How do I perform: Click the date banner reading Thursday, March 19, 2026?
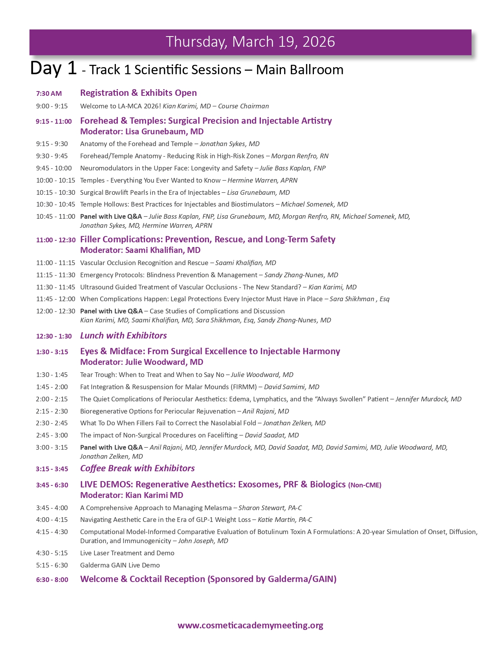(x=250, y=42)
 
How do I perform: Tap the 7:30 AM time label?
(x=49, y=93)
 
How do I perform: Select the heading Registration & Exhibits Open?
(x=138, y=93)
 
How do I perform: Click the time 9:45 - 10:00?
(x=54, y=168)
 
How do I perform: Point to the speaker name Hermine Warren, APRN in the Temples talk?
(x=262, y=180)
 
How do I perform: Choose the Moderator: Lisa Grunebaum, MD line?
(x=142, y=132)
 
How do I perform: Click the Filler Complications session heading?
(x=207, y=239)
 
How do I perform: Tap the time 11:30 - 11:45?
(x=55, y=287)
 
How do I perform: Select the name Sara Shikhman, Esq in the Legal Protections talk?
(x=359, y=299)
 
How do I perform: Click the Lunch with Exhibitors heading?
(x=123, y=335)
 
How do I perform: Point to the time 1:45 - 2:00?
(x=52, y=387)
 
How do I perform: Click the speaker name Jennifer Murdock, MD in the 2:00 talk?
(x=428, y=399)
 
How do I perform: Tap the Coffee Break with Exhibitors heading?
(x=138, y=468)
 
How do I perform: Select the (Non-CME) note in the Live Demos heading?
(x=365, y=485)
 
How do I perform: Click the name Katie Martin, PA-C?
(x=285, y=520)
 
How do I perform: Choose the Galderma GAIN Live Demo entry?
(x=120, y=565)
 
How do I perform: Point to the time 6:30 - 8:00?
(x=52, y=580)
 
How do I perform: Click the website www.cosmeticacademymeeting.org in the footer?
(x=250, y=625)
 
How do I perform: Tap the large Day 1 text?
(x=53, y=68)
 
